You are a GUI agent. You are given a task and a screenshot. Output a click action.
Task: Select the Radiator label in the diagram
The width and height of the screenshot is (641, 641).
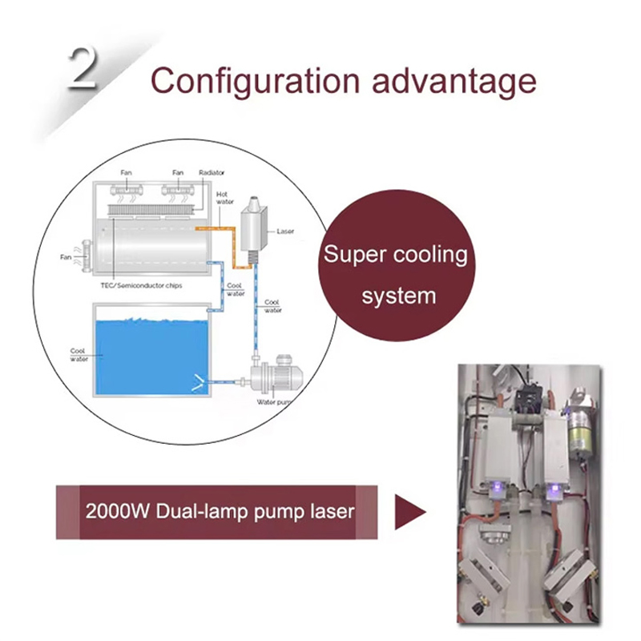(212, 172)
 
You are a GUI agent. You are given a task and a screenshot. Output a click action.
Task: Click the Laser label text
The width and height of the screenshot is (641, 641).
(285, 232)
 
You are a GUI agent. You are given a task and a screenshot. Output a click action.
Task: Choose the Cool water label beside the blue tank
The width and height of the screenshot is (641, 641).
(79, 354)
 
